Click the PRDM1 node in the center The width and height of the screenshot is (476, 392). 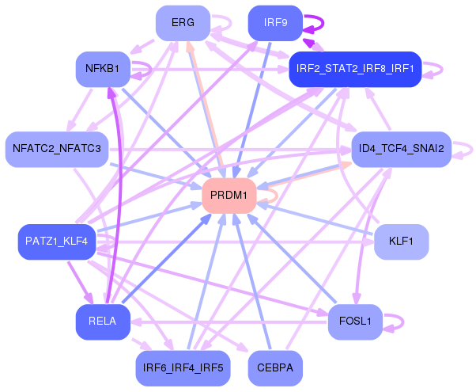point(229,196)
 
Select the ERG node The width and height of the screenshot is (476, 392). point(183,23)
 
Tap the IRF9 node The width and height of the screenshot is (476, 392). point(275,23)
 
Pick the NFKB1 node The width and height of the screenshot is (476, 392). point(103,69)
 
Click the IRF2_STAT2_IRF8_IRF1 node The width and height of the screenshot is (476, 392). point(355,69)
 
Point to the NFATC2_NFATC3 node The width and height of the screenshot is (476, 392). point(57,149)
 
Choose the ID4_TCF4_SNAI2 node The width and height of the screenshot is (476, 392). point(402,149)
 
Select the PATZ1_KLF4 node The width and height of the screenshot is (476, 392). point(57,242)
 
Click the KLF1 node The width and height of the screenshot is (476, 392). point(402,242)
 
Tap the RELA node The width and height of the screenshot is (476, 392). point(103,322)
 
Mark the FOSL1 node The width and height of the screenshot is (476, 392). point(355,322)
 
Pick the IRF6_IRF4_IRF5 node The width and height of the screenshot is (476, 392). point(183,368)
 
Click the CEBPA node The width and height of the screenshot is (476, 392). point(275,368)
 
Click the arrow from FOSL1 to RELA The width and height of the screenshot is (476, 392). point(229,322)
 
